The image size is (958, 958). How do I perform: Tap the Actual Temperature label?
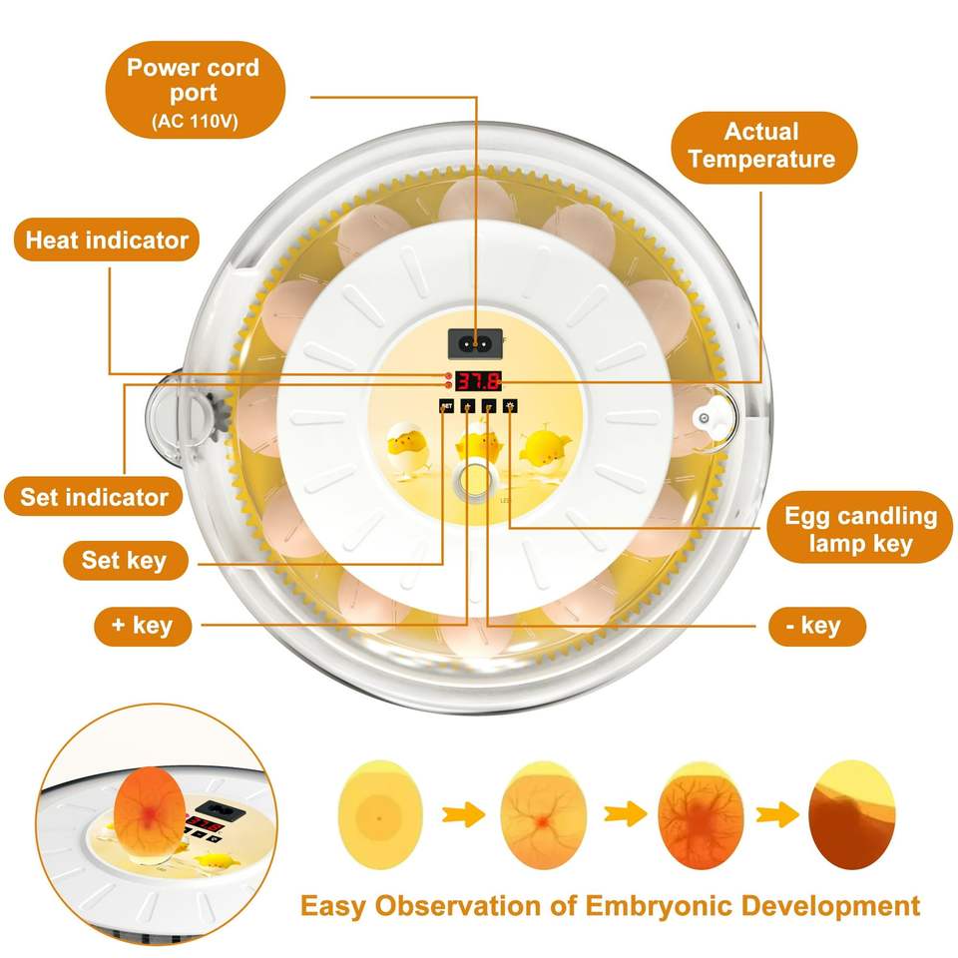click(761, 146)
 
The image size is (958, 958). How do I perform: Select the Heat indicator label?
click(107, 240)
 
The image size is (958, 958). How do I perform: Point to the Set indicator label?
click(95, 497)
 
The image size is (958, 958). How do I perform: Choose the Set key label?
click(124, 560)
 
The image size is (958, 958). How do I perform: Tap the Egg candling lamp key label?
click(860, 529)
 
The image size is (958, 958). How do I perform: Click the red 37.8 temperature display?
click(478, 380)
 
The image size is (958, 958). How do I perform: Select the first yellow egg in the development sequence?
click(380, 814)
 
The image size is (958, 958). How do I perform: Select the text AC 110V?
click(194, 123)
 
